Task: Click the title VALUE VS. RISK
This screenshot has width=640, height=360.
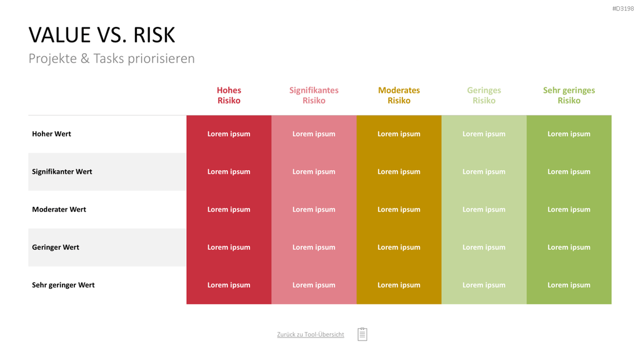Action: click(x=102, y=35)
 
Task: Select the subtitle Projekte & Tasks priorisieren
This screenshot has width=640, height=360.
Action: click(x=111, y=58)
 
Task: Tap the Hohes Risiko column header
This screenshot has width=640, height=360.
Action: click(x=229, y=95)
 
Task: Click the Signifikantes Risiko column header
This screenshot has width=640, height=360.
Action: click(x=314, y=95)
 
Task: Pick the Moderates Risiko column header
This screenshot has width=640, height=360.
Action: click(x=399, y=95)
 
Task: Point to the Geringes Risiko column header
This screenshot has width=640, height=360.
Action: click(x=484, y=95)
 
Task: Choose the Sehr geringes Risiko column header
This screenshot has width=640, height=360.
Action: click(x=569, y=95)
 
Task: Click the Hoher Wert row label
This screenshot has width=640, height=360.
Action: click(x=51, y=134)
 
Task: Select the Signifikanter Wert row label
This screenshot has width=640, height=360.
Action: click(x=62, y=172)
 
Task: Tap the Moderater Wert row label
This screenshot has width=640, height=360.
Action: click(x=59, y=209)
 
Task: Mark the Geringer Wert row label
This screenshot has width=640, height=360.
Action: click(x=56, y=247)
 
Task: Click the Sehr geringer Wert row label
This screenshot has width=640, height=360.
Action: click(x=63, y=285)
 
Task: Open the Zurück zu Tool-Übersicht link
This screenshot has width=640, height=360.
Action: click(x=311, y=334)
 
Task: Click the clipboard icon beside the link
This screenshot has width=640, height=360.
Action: click(x=362, y=334)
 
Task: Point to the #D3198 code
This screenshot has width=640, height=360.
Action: click(x=623, y=9)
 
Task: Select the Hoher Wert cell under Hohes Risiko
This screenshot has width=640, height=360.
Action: click(x=229, y=134)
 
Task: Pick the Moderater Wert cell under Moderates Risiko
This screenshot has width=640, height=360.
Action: click(x=399, y=209)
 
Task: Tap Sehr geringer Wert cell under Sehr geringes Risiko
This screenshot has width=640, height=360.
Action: click(x=569, y=285)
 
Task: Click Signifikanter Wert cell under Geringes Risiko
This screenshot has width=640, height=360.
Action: click(x=484, y=172)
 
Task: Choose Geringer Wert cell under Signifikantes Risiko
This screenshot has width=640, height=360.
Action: click(x=314, y=247)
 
